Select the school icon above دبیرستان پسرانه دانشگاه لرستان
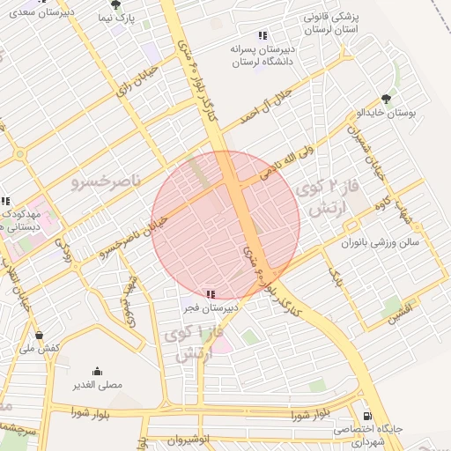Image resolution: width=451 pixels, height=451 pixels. coord(262,36)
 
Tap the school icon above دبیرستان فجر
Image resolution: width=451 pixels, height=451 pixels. coord(210,293)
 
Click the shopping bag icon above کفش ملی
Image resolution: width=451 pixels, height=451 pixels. coord(40,335)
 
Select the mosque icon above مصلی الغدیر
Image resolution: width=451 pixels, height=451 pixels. coord(96,371)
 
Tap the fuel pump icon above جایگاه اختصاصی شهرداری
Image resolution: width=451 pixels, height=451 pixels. coord(367,416)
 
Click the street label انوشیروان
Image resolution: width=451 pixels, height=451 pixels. coord(188,438)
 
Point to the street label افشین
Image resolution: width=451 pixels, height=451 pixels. coord(401,310)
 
